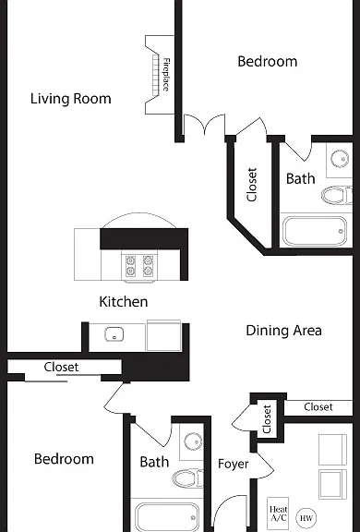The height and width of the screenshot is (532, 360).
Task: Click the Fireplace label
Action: pos(166,75)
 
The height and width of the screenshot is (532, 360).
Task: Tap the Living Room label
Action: pos(71,99)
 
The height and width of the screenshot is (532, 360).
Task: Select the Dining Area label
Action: pos(283,331)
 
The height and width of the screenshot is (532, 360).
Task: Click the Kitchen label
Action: pos(124,302)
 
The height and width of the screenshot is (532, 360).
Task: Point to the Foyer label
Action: pos(234,464)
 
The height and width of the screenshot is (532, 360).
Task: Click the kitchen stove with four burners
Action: pos(139,266)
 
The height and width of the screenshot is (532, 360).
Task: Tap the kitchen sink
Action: pos(114,334)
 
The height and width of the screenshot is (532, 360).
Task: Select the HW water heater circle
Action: pos(306,518)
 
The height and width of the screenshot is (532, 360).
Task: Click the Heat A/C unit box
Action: pos(278,514)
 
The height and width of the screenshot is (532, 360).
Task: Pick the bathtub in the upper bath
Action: pos(316,231)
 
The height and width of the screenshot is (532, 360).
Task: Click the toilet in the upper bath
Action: pos(337,196)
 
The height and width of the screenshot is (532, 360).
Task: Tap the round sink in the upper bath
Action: pos(340,159)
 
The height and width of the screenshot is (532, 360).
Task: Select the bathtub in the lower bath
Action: pos(167,517)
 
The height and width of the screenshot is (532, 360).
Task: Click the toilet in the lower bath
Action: pos(187,478)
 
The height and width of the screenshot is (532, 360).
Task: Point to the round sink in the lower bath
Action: pos(193,441)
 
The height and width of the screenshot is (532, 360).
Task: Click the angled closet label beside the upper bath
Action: pos(251,185)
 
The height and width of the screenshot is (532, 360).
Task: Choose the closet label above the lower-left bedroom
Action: pos(61,367)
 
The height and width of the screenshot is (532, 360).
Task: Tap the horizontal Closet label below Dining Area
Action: pos(318,406)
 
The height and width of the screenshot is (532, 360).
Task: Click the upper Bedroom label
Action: pos(268,61)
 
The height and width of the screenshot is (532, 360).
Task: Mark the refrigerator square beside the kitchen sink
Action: pos(163,335)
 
